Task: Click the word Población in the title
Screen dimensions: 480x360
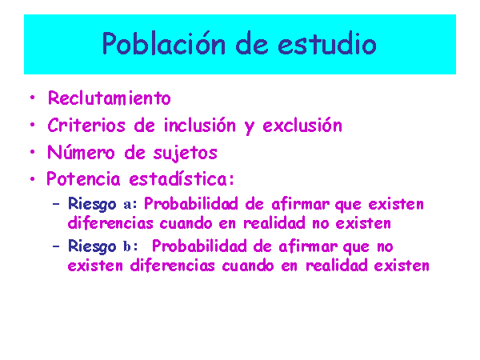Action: tap(164, 43)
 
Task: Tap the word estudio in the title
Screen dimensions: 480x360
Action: tap(327, 43)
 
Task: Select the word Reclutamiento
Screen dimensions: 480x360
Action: tap(110, 98)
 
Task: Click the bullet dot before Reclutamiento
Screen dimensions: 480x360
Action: tap(33, 98)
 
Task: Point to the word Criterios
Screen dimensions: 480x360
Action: tap(86, 126)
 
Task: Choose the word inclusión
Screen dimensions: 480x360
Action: tap(199, 126)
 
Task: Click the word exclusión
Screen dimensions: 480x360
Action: tap(302, 126)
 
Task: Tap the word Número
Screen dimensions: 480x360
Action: tap(81, 152)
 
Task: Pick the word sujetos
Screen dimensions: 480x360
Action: tap(186, 153)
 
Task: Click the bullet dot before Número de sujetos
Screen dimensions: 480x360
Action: tap(33, 151)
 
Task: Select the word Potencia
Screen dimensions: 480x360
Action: tap(83, 178)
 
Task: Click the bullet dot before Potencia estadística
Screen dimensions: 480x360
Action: tap(33, 178)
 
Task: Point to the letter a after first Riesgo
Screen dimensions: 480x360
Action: tap(127, 205)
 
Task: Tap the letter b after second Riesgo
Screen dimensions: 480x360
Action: tap(127, 246)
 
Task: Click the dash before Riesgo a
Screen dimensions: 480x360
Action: tap(56, 204)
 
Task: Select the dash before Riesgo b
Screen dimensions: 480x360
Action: tap(56, 246)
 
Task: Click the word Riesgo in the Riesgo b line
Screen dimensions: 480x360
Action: tap(92, 246)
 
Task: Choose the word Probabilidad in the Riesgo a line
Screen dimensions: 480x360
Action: tap(191, 204)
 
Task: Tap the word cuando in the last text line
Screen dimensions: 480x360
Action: tap(248, 266)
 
